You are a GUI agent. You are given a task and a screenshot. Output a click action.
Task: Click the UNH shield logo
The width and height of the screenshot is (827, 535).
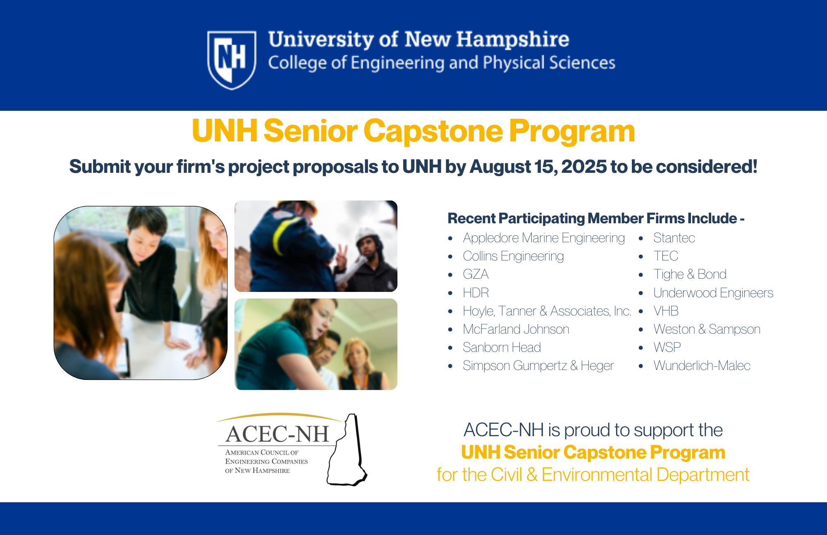pos(232,60)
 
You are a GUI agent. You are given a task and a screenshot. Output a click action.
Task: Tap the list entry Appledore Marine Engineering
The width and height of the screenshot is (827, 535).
pos(544,238)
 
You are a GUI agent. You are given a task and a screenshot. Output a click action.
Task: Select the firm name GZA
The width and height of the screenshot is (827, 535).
pos(476,274)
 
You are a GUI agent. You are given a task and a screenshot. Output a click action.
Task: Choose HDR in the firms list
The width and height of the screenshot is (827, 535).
pos(476,293)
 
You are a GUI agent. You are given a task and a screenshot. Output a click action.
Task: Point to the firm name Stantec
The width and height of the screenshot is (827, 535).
pos(674,238)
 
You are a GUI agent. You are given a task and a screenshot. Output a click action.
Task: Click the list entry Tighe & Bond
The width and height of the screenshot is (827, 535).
pos(690,274)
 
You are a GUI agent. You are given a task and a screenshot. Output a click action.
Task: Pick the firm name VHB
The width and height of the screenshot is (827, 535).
pos(666,311)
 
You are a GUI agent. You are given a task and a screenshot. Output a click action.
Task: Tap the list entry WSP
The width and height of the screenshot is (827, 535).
pos(667,347)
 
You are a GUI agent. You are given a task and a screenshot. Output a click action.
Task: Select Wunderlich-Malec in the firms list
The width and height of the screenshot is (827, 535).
pos(702,365)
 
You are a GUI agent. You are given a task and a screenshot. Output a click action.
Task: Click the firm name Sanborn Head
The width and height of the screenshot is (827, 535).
pos(502,347)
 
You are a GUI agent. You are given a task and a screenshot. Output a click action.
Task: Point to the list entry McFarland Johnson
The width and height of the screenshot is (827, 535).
pos(516,329)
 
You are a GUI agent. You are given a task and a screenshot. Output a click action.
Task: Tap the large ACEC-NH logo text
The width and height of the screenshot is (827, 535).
pos(277,434)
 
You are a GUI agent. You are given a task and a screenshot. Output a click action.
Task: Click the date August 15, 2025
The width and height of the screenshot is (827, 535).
pos(538,167)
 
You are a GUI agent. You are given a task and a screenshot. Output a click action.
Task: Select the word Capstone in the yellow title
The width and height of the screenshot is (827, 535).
pos(433,131)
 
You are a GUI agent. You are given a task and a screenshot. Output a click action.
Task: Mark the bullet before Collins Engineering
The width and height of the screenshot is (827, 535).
pos(450,257)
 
